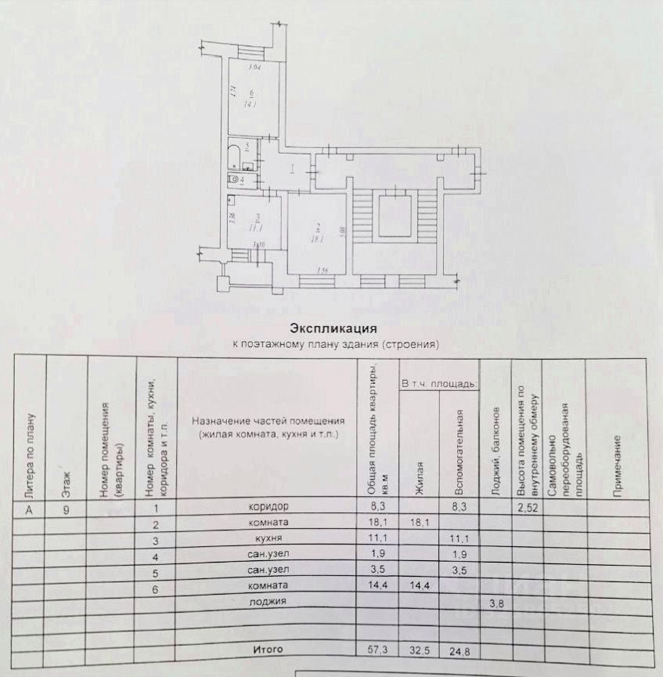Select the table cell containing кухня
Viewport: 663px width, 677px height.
point(268,540)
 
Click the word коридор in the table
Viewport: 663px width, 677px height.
point(268,506)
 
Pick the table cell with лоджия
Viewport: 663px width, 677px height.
point(268,602)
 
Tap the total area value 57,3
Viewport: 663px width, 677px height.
point(377,650)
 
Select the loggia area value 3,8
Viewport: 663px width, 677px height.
point(496,603)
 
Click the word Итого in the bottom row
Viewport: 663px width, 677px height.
point(267,650)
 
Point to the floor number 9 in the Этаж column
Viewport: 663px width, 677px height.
point(67,507)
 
